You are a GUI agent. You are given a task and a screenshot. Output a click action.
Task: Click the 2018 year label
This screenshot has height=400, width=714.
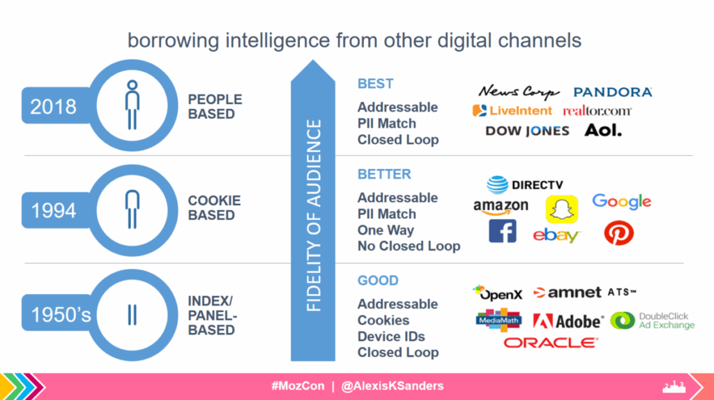pyautogui.click(x=53, y=107)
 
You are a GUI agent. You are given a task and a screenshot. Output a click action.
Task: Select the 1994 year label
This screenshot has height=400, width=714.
pyautogui.click(x=53, y=211)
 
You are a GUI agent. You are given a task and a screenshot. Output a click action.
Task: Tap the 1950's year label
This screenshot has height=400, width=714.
pyautogui.click(x=61, y=315)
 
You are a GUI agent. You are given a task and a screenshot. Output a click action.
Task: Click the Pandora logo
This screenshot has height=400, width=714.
pyautogui.click(x=612, y=92)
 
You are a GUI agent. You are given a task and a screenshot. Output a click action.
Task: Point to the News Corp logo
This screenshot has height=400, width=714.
pyautogui.click(x=519, y=91)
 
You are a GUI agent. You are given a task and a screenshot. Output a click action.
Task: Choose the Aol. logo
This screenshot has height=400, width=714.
pyautogui.click(x=603, y=131)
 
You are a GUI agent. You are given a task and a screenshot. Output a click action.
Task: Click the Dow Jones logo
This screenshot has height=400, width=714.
pyautogui.click(x=527, y=131)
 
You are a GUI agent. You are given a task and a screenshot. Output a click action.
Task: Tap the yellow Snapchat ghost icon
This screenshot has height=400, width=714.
pyautogui.click(x=562, y=209)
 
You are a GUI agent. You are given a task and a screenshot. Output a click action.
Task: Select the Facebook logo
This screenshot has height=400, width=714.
pyautogui.click(x=502, y=231)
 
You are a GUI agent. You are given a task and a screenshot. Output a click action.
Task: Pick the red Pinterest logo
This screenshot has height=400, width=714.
pyautogui.click(x=619, y=233)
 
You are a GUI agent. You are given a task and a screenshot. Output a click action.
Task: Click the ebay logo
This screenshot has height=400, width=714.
pyautogui.click(x=556, y=235)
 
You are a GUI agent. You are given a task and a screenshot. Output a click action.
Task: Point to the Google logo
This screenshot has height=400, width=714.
pyautogui.click(x=621, y=201)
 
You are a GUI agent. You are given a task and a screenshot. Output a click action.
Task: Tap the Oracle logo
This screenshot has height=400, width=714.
pyautogui.click(x=551, y=343)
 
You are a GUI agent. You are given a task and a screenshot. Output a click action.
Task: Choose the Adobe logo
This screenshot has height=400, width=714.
pyautogui.click(x=568, y=321)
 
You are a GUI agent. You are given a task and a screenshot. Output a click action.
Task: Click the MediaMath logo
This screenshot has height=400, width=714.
pyautogui.click(x=499, y=320)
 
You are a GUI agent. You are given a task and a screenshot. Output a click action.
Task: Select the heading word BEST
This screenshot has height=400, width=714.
pyautogui.click(x=375, y=84)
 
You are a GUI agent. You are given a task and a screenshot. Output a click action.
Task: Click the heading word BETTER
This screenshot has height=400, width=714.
pyautogui.click(x=384, y=175)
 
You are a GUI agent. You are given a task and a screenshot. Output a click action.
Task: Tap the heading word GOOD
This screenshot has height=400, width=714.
pyautogui.click(x=378, y=281)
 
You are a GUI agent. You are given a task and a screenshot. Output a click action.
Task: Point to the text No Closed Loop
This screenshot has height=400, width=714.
pyautogui.click(x=409, y=246)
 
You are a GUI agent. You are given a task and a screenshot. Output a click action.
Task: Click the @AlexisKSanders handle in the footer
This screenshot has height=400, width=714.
pyautogui.click(x=392, y=386)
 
